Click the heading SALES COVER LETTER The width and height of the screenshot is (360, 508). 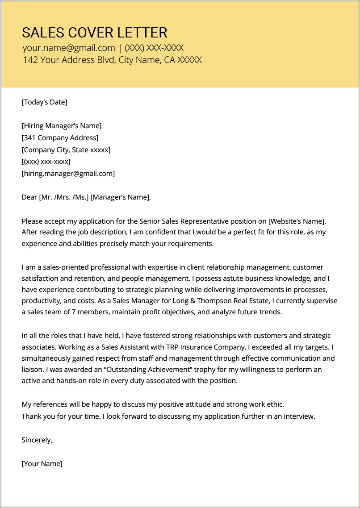[95, 33]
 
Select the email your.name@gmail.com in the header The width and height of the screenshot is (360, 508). [69, 48]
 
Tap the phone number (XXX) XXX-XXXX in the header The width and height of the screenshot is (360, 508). [154, 48]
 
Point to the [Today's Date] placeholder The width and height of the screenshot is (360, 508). [44, 102]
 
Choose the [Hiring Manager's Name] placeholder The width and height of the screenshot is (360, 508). [62, 126]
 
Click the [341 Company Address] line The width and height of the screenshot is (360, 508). [60, 138]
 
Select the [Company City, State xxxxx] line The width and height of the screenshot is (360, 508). [66, 150]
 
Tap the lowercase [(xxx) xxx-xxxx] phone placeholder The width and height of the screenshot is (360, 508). [46, 162]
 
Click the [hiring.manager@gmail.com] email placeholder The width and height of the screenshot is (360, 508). [68, 174]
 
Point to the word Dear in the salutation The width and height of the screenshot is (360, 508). [29, 197]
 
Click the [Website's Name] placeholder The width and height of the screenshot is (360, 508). [297, 221]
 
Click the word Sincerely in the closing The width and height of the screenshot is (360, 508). [37, 440]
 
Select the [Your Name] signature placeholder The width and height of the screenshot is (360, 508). [42, 464]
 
